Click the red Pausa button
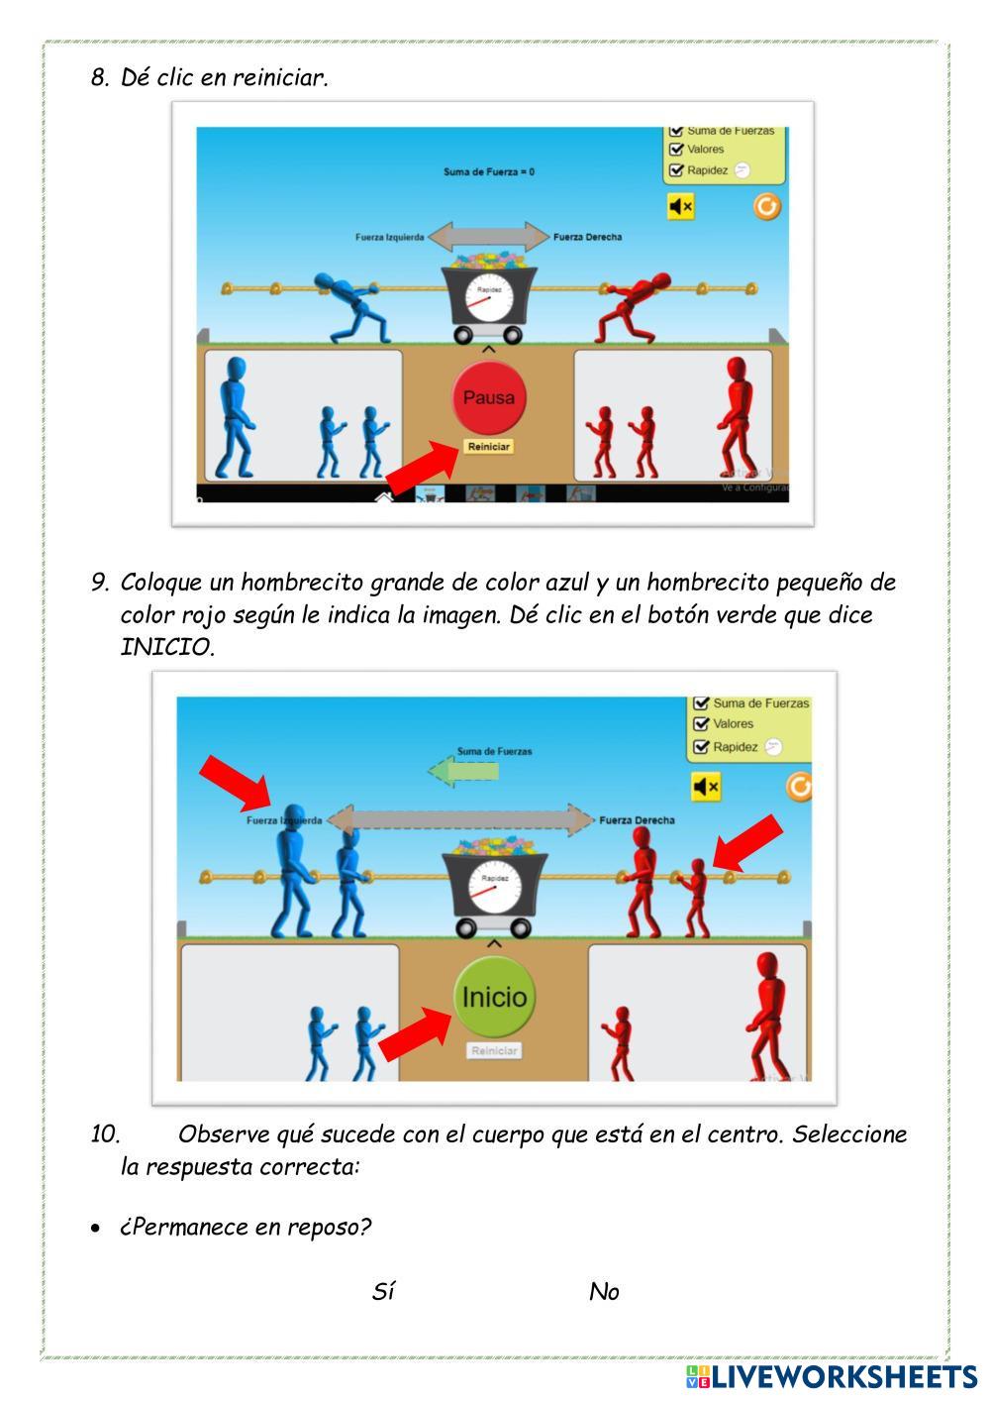click(488, 397)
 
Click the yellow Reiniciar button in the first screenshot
click(488, 447)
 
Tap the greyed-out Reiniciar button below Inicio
click(493, 1051)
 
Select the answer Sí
click(383, 1291)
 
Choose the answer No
click(604, 1291)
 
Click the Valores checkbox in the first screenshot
click(677, 150)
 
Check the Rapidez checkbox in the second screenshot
click(702, 747)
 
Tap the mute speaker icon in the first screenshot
click(680, 206)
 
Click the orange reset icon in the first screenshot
click(766, 206)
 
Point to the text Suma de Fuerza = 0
click(489, 172)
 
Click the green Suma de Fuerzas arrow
click(462, 771)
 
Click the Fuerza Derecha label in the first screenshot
click(587, 237)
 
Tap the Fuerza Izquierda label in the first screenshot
click(390, 238)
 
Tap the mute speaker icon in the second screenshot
click(706, 787)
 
